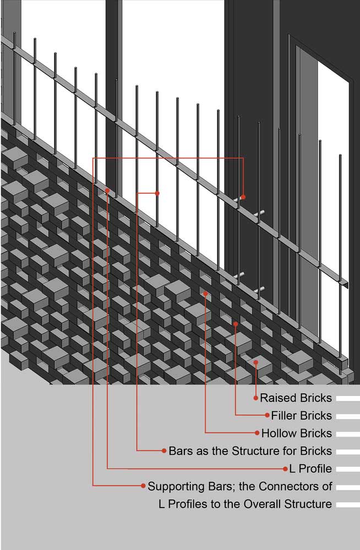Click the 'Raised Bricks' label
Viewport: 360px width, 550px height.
point(296,398)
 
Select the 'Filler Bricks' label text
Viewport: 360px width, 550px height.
point(301,415)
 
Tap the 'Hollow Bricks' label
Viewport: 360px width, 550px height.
point(297,433)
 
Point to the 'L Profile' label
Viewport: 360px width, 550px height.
point(310,469)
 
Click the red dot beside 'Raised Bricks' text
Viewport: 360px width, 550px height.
point(256,398)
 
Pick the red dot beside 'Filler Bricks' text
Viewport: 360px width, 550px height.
point(268,415)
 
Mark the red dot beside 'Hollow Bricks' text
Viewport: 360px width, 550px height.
point(257,433)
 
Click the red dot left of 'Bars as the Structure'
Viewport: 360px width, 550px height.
point(164,451)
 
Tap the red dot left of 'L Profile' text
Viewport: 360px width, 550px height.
point(285,469)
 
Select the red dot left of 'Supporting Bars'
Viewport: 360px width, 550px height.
point(143,486)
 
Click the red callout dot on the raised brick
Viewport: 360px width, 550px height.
point(255,362)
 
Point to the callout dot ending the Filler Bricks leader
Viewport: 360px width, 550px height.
point(236,324)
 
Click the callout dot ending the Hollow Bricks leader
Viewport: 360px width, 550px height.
point(205,294)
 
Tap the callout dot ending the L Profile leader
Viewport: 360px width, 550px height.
point(107,190)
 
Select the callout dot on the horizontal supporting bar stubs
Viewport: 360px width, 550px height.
point(243,197)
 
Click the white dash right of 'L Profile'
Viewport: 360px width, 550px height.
point(348,470)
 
